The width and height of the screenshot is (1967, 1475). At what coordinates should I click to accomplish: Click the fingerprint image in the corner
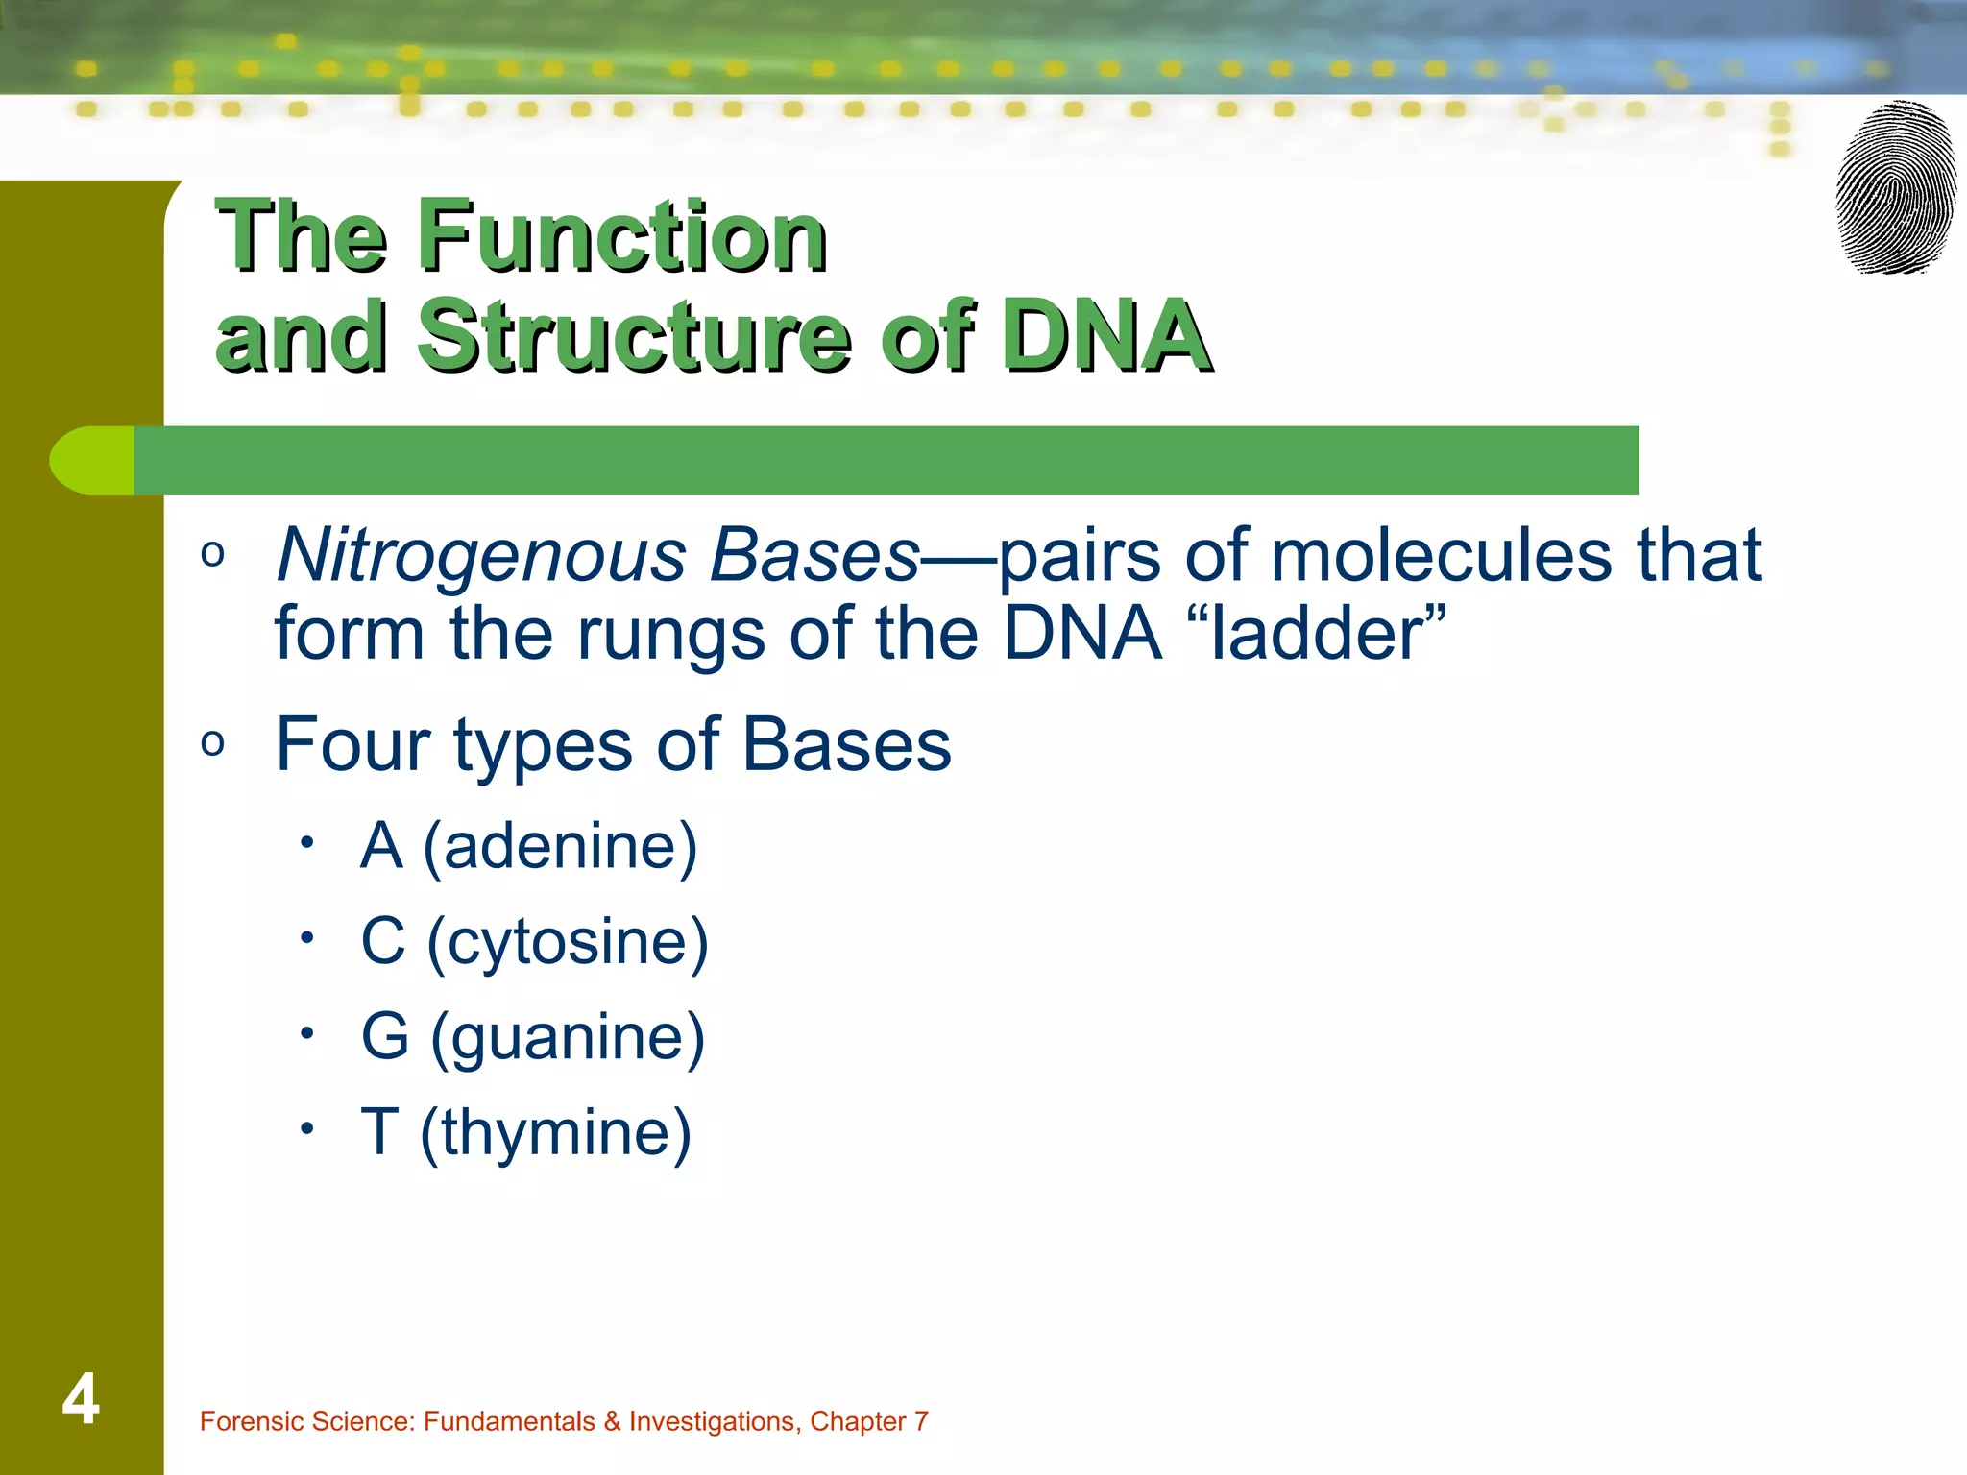[x=1896, y=188]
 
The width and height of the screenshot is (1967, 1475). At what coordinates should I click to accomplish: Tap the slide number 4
[x=81, y=1399]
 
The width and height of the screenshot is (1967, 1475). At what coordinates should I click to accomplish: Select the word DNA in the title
[x=1104, y=335]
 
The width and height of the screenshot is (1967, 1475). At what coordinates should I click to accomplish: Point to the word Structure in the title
[x=633, y=335]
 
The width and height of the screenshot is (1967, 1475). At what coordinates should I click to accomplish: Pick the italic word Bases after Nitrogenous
[x=814, y=556]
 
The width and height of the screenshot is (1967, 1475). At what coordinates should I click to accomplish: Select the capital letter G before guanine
[x=385, y=1037]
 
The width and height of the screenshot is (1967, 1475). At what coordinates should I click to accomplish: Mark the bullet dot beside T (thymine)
[x=306, y=1128]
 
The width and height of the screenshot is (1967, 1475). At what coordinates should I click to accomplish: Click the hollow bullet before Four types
[x=213, y=743]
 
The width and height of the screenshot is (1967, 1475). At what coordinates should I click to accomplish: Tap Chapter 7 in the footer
[x=868, y=1421]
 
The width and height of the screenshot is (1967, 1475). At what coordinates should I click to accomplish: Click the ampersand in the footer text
[x=612, y=1421]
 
